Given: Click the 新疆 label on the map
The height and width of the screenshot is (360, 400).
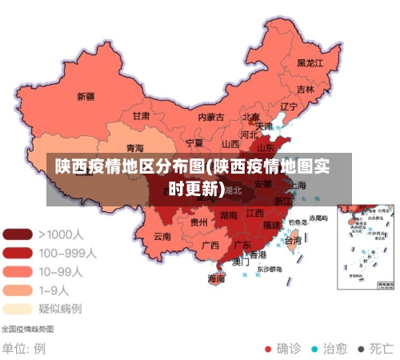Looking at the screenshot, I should (86, 97).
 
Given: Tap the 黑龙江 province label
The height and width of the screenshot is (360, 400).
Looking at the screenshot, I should (310, 62).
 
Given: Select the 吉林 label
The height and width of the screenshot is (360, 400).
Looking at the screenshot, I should (306, 90).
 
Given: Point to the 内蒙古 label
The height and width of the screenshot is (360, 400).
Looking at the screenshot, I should (211, 117).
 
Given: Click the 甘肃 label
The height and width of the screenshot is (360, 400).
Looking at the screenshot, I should (141, 115).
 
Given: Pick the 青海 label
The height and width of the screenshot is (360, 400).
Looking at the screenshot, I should (135, 148).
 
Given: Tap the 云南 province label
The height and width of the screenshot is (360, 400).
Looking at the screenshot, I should (162, 236).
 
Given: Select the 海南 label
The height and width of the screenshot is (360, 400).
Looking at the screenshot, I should (216, 279).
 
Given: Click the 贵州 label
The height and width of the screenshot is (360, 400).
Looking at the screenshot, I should (199, 222).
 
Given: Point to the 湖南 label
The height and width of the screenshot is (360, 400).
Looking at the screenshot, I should (228, 215).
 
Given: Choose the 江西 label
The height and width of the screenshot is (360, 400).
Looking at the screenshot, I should (255, 214).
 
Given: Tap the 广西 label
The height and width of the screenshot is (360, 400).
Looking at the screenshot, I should (210, 245).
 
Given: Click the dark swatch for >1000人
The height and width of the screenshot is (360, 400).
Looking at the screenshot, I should (18, 234).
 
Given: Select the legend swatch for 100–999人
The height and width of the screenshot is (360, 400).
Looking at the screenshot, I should (18, 253).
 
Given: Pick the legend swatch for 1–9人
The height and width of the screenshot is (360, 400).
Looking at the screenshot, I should (18, 290).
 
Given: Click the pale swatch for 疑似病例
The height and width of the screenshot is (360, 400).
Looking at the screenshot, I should (18, 308).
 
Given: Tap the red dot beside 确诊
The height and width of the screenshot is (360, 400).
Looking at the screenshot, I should (268, 349).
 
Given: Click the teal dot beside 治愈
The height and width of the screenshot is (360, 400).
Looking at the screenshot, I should (314, 349).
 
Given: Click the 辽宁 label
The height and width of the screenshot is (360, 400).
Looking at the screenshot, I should (289, 106).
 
